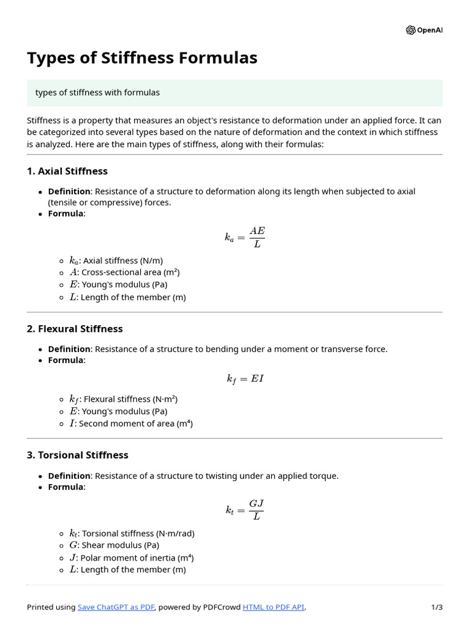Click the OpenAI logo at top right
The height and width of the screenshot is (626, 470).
click(423, 30)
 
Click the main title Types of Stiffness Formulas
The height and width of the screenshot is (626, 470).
click(142, 58)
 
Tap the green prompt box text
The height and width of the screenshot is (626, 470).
click(97, 92)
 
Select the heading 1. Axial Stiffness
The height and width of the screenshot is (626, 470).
click(67, 171)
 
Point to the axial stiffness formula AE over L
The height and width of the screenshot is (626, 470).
click(245, 237)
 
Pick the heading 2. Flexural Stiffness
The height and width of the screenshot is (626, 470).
click(75, 329)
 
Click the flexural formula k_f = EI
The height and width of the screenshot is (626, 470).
click(245, 379)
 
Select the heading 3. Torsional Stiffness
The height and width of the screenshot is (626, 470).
click(77, 455)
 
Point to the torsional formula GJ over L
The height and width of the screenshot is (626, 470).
click(245, 510)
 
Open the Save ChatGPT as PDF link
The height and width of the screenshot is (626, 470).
click(116, 607)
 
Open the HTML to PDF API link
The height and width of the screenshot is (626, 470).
click(273, 607)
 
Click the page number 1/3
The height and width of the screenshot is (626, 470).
click(437, 607)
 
